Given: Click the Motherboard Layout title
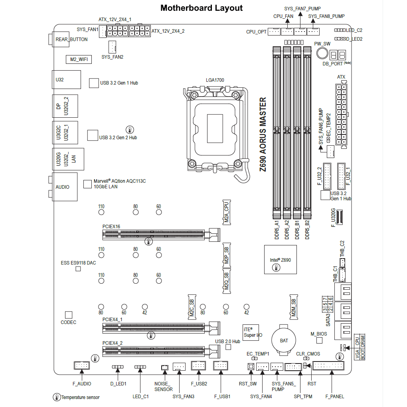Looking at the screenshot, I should point(201,8).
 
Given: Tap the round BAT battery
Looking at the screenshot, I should point(284,340).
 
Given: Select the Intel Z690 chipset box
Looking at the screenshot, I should point(281,259).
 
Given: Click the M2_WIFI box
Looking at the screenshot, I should point(78,59).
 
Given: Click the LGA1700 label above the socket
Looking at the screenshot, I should point(215,80).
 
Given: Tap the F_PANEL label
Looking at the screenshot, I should point(334,396).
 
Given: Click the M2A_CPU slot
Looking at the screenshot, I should point(226,212).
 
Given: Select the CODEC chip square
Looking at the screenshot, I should point(69,315).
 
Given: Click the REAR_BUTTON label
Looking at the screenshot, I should point(71,40).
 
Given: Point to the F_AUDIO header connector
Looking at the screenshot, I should point(82,365).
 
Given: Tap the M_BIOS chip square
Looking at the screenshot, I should point(319,340).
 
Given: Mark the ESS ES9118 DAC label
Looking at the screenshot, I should point(78,263).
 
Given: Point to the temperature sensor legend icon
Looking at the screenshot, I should point(57,397).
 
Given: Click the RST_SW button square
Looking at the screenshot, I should point(251,367).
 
